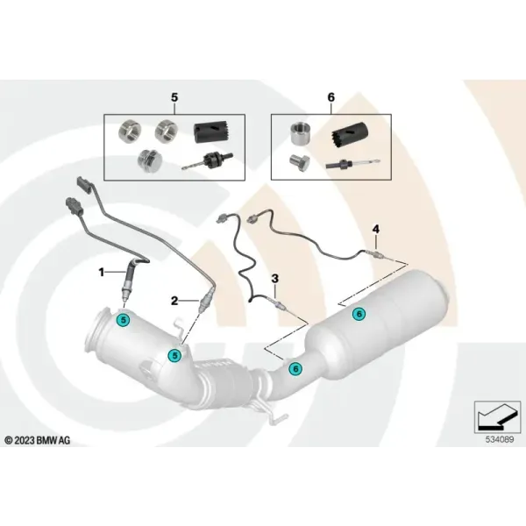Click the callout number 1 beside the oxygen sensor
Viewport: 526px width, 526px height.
pos(102,273)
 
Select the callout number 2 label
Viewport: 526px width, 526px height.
pos(174,301)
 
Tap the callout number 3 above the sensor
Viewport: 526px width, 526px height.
pos(274,279)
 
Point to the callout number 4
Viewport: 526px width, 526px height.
pos(376,230)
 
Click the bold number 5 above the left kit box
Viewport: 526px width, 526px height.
pos(174,97)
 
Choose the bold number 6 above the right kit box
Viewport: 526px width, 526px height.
pos(331,97)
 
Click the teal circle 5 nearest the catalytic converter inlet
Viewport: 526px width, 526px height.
pos(124,320)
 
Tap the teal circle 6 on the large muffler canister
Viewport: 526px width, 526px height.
pos(359,314)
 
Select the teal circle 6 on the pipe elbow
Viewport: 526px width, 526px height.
pos(295,369)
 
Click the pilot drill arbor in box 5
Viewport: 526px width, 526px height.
pos(207,160)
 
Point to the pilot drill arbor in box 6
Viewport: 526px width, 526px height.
pos(352,164)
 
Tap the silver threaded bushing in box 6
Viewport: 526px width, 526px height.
pos(301,133)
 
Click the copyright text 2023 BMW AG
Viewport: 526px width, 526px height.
pos(38,440)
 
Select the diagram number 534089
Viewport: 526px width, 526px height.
pos(500,439)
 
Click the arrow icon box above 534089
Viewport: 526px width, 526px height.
pos(497,416)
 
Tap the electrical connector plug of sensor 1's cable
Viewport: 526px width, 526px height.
pos(73,205)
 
